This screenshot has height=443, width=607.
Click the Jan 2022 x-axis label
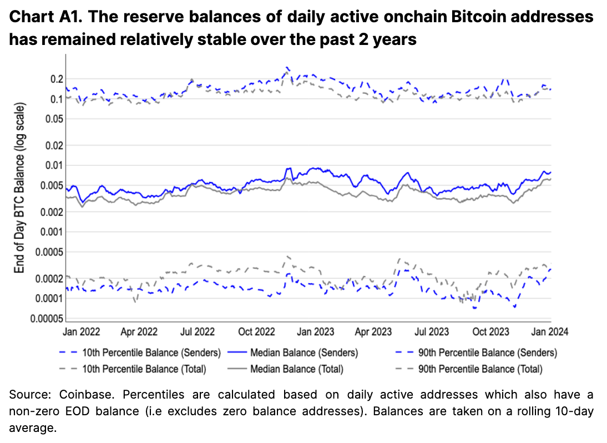coord(82,332)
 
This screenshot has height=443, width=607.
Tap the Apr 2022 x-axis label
coord(139,332)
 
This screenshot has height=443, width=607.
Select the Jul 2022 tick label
coord(198,332)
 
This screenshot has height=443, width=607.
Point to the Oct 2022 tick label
coord(257,332)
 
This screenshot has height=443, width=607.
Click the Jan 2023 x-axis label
coord(316,332)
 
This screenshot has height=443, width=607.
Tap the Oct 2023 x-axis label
coord(491,332)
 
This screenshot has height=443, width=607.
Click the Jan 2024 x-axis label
coord(550,332)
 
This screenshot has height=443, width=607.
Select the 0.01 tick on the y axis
coord(54,165)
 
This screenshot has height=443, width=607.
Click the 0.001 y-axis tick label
coord(52,231)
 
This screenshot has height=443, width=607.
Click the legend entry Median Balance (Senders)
coord(304,353)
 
